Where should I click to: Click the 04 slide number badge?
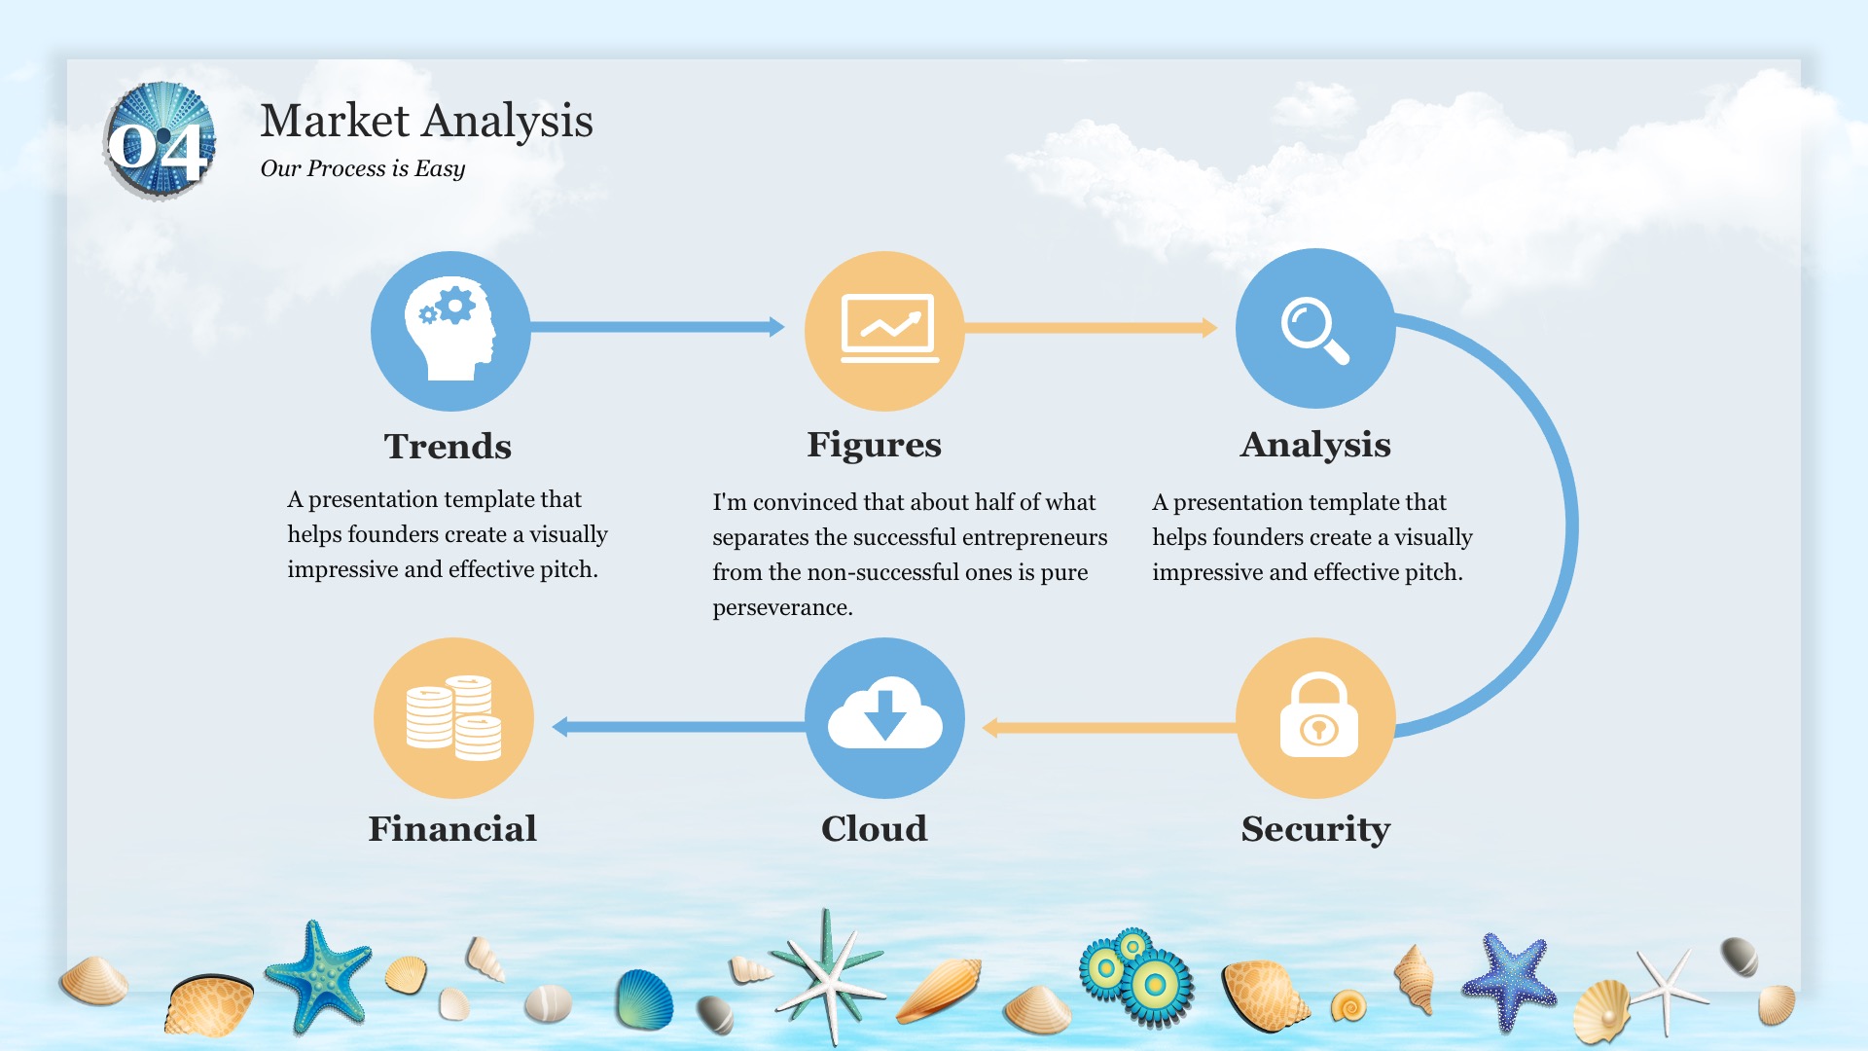click(x=160, y=142)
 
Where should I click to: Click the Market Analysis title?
click(x=426, y=122)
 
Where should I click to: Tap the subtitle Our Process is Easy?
click(x=362, y=168)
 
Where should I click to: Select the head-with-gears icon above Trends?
click(x=450, y=330)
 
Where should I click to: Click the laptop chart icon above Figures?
click(x=889, y=328)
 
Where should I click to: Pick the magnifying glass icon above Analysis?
click(x=1314, y=330)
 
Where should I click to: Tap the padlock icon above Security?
click(x=1318, y=715)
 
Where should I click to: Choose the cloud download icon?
click(x=884, y=712)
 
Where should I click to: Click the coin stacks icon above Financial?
click(x=453, y=717)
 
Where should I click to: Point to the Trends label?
click(x=448, y=446)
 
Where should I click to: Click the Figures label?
click(x=874, y=445)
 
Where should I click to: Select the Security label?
click(x=1315, y=829)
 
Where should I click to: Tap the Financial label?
click(x=452, y=828)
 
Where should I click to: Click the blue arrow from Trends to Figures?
click(x=658, y=327)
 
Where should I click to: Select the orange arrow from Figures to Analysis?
click(x=1091, y=328)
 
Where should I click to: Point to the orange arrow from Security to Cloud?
click(x=1109, y=727)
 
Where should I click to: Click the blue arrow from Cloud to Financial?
click(x=679, y=726)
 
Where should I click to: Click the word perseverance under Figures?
click(x=782, y=607)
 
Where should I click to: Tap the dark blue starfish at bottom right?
click(x=1510, y=980)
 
